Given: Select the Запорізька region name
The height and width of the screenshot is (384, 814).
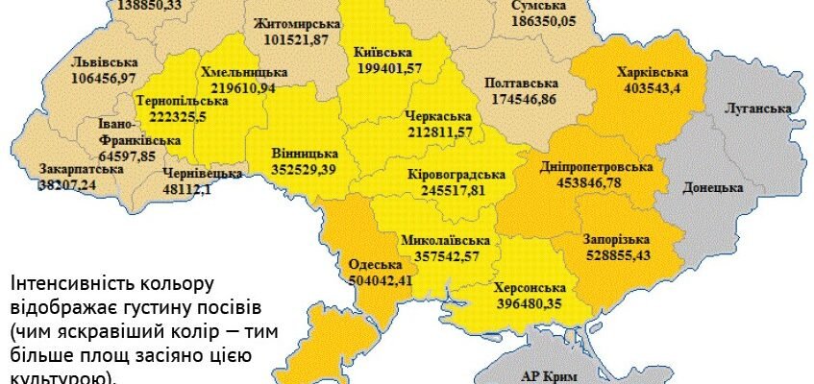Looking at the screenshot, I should [616, 239].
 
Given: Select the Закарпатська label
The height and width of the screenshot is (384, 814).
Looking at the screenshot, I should [82, 169].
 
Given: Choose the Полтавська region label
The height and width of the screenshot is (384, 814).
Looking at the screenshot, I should [521, 84].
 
